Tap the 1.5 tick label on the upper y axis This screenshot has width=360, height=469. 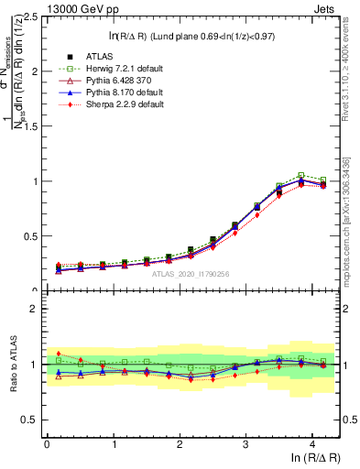[x=28, y=126]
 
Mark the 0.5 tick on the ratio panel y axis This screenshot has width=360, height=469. [x=28, y=420]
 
